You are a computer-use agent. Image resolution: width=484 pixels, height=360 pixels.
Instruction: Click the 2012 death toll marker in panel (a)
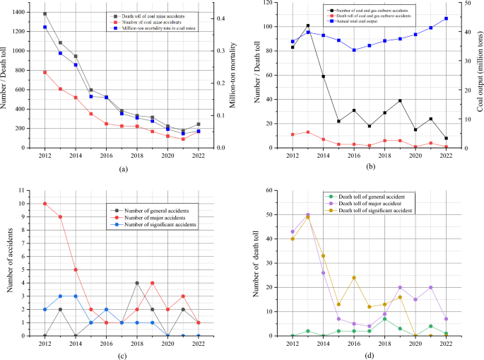[x=45, y=14]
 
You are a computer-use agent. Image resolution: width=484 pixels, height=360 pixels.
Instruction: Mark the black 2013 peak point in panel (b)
[x=288, y=25]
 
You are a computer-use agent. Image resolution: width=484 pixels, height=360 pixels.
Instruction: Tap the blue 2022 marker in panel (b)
[x=447, y=18]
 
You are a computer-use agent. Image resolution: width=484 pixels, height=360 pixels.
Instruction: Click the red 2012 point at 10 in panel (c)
[x=45, y=204]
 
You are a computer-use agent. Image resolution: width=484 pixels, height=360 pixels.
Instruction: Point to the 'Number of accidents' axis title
[x=6, y=263]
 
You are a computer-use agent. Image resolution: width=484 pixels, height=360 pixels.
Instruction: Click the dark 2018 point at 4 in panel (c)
[x=137, y=283]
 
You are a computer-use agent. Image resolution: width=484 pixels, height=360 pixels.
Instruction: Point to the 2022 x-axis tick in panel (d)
[x=447, y=343]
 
